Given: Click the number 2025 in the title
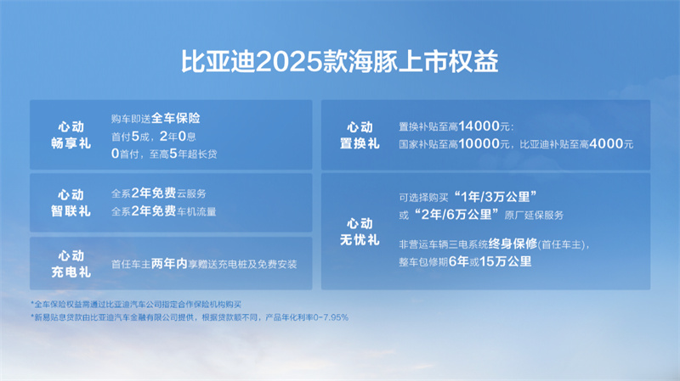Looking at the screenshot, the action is [290, 61].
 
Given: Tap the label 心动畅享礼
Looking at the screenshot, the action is [71, 135].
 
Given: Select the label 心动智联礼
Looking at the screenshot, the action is [71, 203].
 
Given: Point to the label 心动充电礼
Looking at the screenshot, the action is [71, 264].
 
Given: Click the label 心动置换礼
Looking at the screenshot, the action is [360, 135].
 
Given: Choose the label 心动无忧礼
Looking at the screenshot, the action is [360, 232].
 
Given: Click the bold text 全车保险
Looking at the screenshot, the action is [176, 118].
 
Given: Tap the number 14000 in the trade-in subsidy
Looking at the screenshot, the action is [479, 126].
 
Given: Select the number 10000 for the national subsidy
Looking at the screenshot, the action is [479, 143].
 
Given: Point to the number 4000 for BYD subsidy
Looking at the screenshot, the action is [606, 143].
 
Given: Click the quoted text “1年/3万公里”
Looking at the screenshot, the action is [496, 197].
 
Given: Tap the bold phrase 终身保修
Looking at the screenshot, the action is [513, 244].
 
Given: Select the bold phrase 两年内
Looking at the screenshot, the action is [169, 264].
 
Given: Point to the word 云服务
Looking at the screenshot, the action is [191, 193].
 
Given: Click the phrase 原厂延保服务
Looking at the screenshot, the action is [534, 216].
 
